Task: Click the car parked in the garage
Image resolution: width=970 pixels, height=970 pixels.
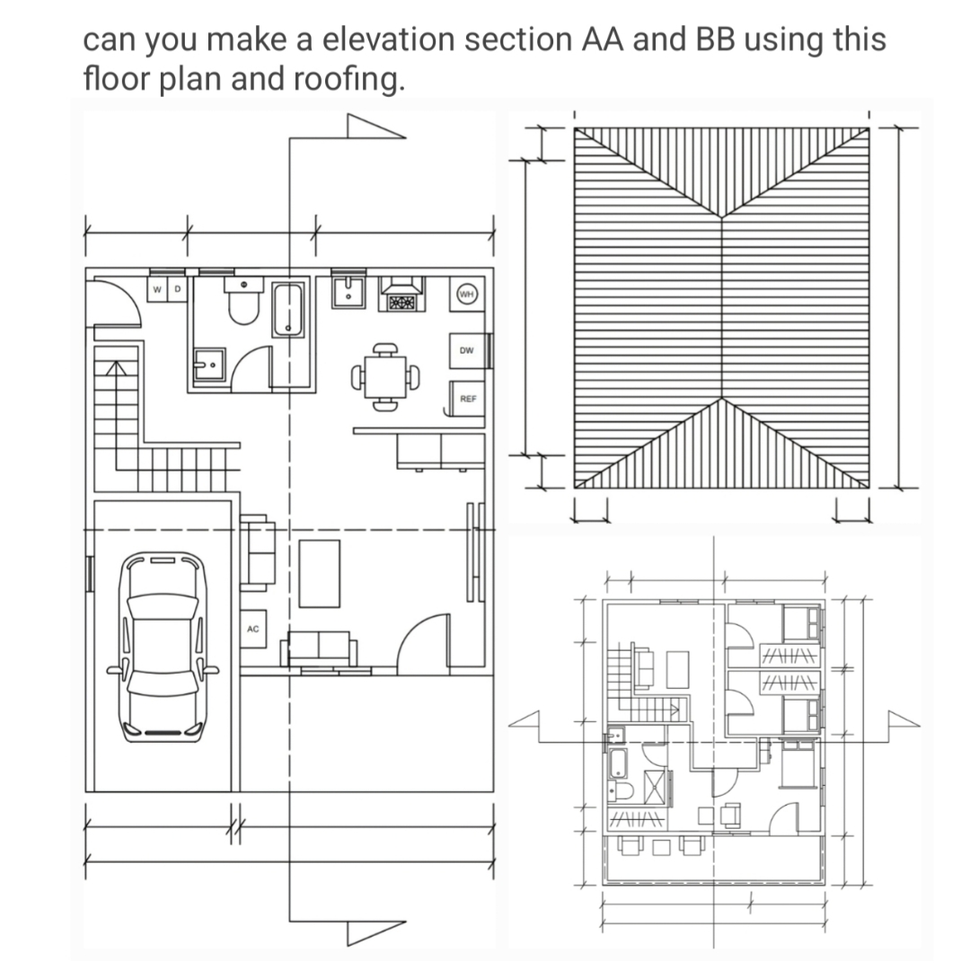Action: coord(163,645)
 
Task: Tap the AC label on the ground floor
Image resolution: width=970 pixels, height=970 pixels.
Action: coord(252,629)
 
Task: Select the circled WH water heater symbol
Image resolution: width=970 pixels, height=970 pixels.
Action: coord(466,294)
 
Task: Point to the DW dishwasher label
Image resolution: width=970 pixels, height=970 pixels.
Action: coord(466,350)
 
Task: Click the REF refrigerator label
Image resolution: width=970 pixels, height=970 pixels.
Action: coord(467,397)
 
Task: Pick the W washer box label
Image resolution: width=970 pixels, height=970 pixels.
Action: coord(158,289)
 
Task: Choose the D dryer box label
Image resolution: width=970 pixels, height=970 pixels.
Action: coord(176,289)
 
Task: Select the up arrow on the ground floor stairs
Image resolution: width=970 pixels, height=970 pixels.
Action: coord(114,367)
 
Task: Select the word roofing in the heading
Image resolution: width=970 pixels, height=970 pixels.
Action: coord(349,80)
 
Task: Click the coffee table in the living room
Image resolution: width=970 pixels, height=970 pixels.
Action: coord(320,573)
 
